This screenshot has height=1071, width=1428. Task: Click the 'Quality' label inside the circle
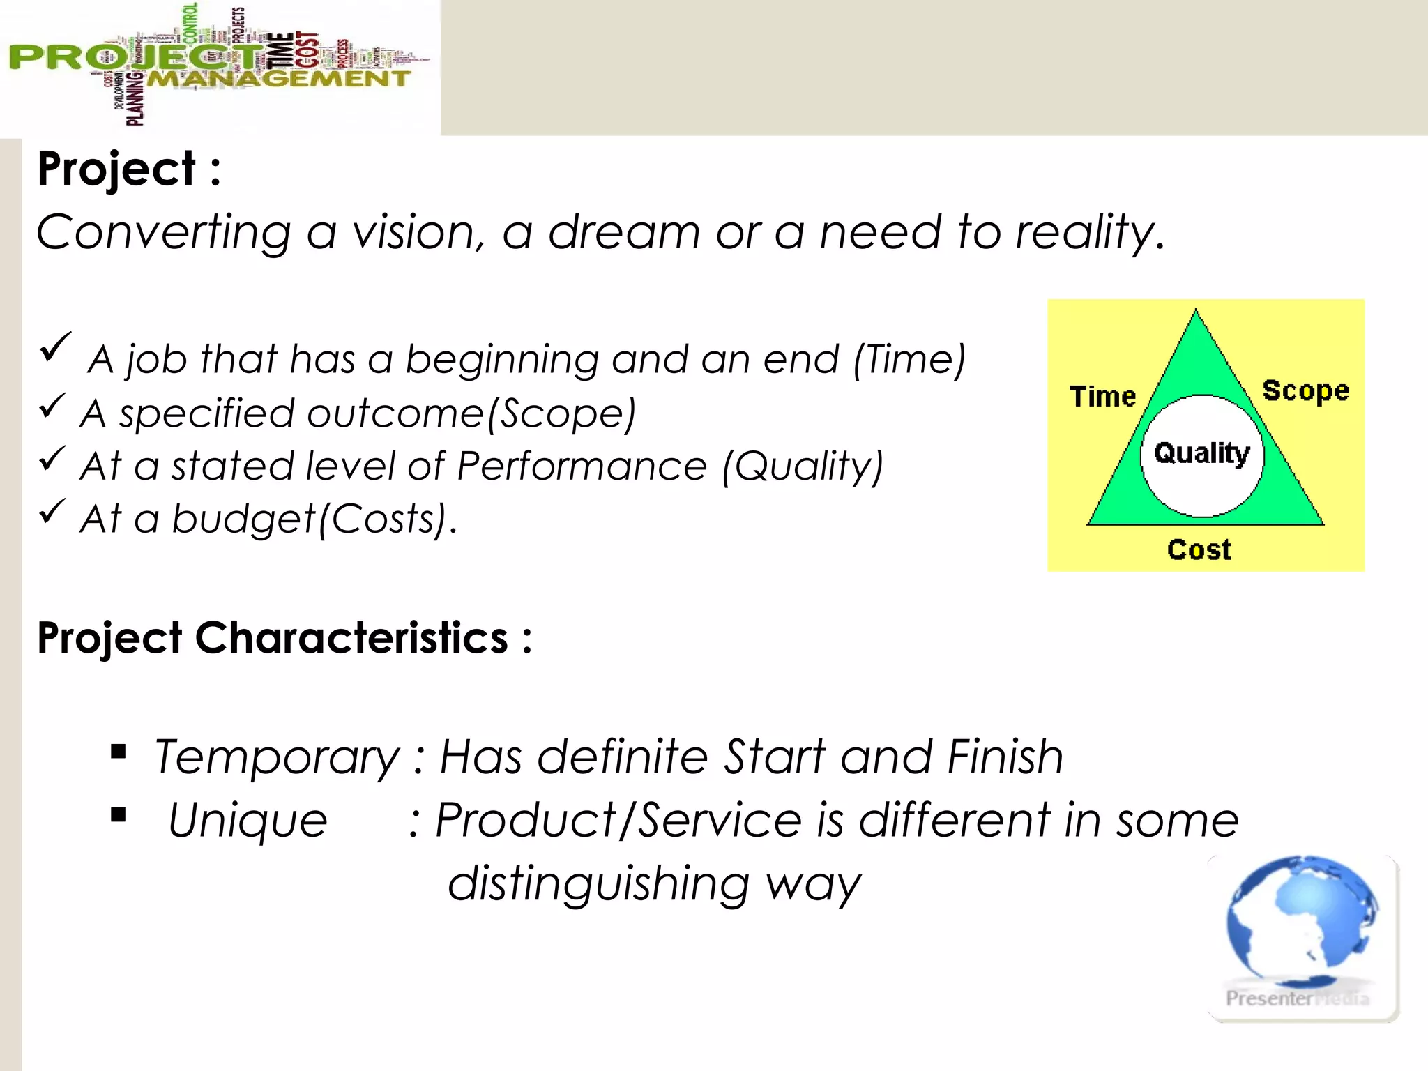1201,454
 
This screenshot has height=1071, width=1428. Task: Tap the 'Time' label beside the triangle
1102,397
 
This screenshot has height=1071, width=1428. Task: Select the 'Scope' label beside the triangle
1305,391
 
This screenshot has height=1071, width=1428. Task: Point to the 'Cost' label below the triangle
1199,550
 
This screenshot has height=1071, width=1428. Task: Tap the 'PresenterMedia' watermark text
1297,998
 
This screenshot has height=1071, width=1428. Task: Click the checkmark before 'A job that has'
55,347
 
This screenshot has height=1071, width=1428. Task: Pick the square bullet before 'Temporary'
119,752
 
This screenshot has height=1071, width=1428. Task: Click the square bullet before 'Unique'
119,814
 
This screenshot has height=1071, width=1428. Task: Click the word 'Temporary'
277,759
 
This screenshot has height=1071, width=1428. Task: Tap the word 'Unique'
248,821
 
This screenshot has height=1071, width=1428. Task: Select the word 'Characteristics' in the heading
351,638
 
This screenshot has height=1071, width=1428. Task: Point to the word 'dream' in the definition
623,232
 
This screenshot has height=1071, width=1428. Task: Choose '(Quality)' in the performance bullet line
802,466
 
